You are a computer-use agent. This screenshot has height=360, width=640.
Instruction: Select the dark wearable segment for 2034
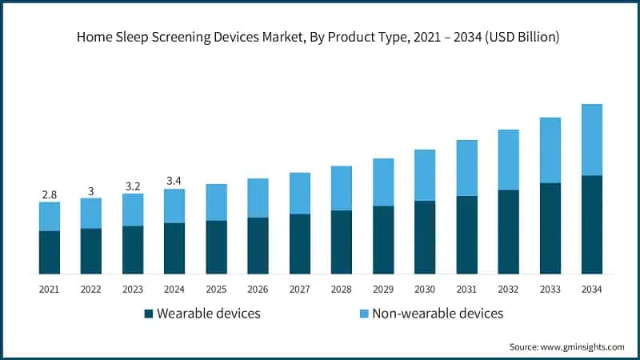591,225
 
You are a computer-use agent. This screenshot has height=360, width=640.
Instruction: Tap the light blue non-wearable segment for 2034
591,140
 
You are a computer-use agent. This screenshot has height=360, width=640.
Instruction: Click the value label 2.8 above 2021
50,194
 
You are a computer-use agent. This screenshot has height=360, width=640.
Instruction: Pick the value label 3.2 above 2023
133,186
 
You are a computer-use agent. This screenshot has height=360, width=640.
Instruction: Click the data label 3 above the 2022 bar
91,190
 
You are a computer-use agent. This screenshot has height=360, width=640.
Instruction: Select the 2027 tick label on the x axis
299,288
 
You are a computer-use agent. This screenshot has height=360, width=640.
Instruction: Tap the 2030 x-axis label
424,288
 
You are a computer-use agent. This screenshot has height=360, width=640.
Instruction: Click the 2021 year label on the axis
50,288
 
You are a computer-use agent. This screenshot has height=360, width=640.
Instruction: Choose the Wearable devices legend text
209,314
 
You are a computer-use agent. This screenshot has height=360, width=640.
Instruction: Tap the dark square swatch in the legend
149,314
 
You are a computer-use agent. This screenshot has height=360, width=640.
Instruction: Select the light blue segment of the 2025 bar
216,202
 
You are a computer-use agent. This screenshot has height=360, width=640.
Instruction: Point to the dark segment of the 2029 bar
382,240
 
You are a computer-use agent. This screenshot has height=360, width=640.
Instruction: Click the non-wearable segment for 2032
508,160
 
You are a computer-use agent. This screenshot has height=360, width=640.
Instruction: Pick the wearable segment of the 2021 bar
50,253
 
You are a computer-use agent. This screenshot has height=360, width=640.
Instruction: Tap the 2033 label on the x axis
550,288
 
